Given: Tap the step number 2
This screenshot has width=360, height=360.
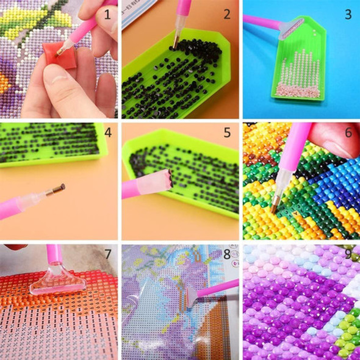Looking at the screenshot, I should [x=226, y=13].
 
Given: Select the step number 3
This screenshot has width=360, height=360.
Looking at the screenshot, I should [x=348, y=13].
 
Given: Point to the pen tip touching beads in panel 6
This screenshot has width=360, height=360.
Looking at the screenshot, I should [x=275, y=207].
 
